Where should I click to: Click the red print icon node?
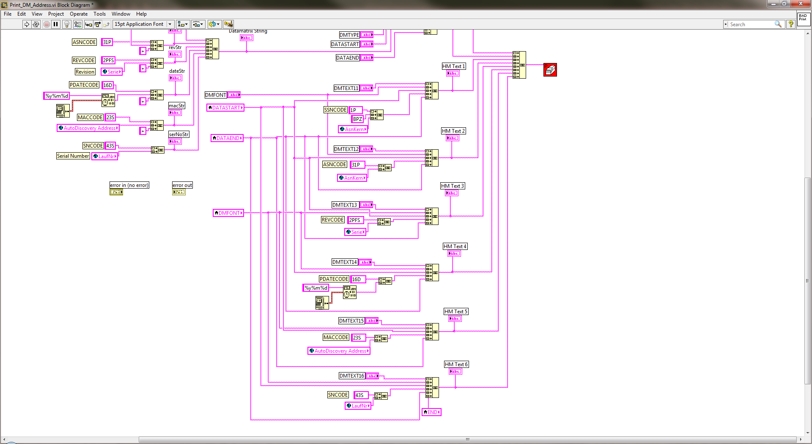[550, 70]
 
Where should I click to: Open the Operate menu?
[79, 14]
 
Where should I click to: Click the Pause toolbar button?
[55, 24]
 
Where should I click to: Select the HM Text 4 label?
[455, 247]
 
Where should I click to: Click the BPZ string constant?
[357, 119]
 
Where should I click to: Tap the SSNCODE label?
[335, 110]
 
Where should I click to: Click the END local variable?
[431, 412]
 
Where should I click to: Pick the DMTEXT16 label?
[351, 376]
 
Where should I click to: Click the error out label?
[182, 185]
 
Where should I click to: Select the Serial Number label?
[73, 156]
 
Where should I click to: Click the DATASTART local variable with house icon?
[225, 108]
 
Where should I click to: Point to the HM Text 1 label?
[453, 66]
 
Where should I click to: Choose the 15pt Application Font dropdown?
[143, 24]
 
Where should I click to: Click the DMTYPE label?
[349, 35]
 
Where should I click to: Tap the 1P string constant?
[355, 110]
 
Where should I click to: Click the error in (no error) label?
[129, 185]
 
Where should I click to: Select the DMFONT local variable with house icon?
[228, 213]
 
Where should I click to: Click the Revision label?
[85, 72]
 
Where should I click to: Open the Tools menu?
[99, 14]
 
